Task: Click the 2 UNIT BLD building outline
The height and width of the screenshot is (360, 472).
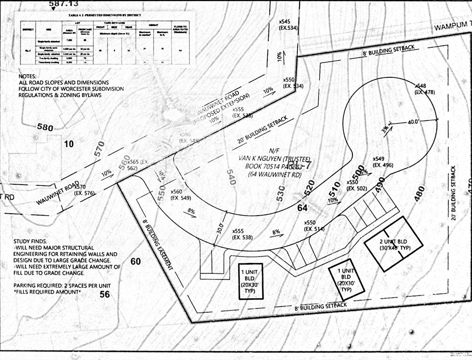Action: (x=394, y=244)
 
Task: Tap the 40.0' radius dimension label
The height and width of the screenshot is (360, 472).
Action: (x=413, y=121)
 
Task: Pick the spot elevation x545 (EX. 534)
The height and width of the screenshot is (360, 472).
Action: (x=288, y=25)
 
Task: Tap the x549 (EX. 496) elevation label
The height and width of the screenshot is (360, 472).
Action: (x=382, y=162)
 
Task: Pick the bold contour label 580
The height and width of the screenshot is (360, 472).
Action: (x=46, y=127)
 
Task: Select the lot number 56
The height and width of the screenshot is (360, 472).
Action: (x=105, y=294)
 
